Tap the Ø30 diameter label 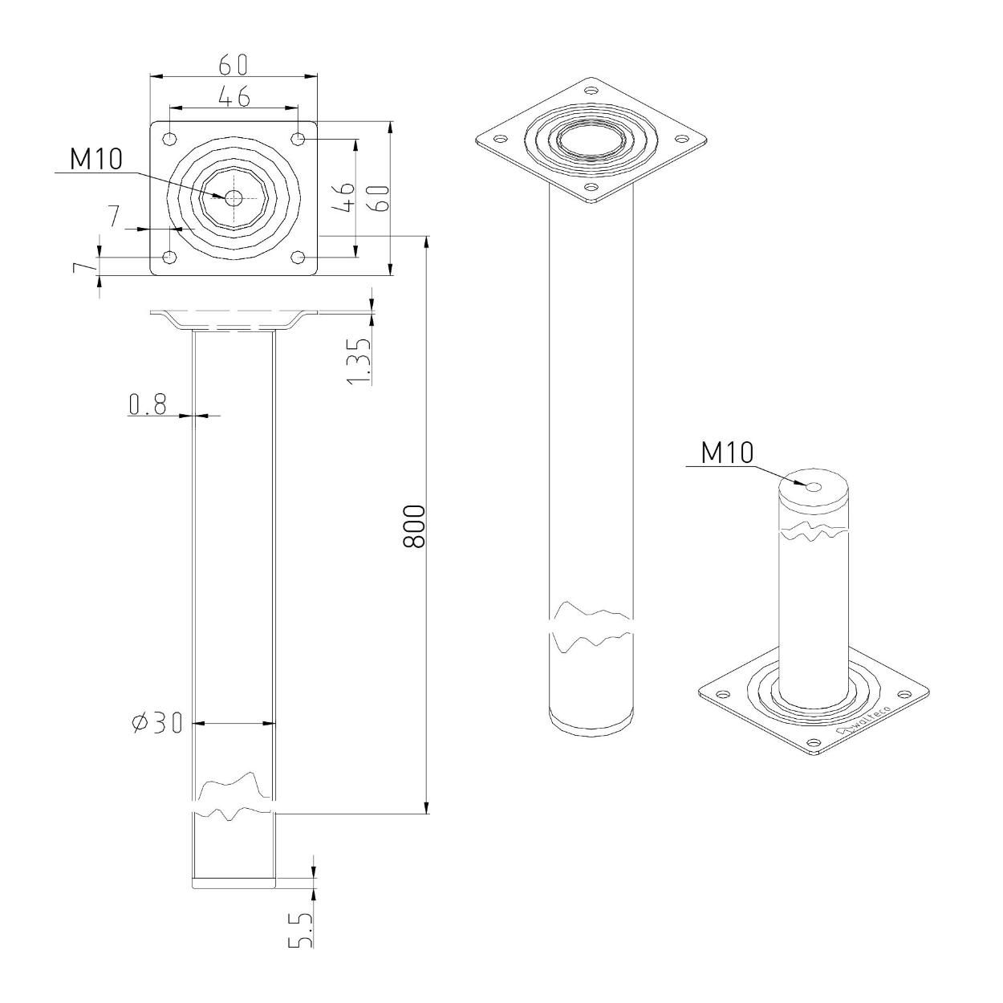[158, 724]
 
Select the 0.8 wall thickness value [148, 405]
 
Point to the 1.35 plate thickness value [361, 360]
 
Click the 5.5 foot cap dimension [300, 928]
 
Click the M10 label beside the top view [96, 159]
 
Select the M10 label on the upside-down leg [727, 453]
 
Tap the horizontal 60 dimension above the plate [233, 64]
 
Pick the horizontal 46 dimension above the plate [233, 96]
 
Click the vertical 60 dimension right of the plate [382, 198]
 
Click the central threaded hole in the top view [233, 197]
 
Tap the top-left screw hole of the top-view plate [169, 139]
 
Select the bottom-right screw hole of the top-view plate [298, 257]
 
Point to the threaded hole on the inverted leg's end [813, 487]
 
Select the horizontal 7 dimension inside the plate [114, 217]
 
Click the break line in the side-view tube [234, 798]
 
